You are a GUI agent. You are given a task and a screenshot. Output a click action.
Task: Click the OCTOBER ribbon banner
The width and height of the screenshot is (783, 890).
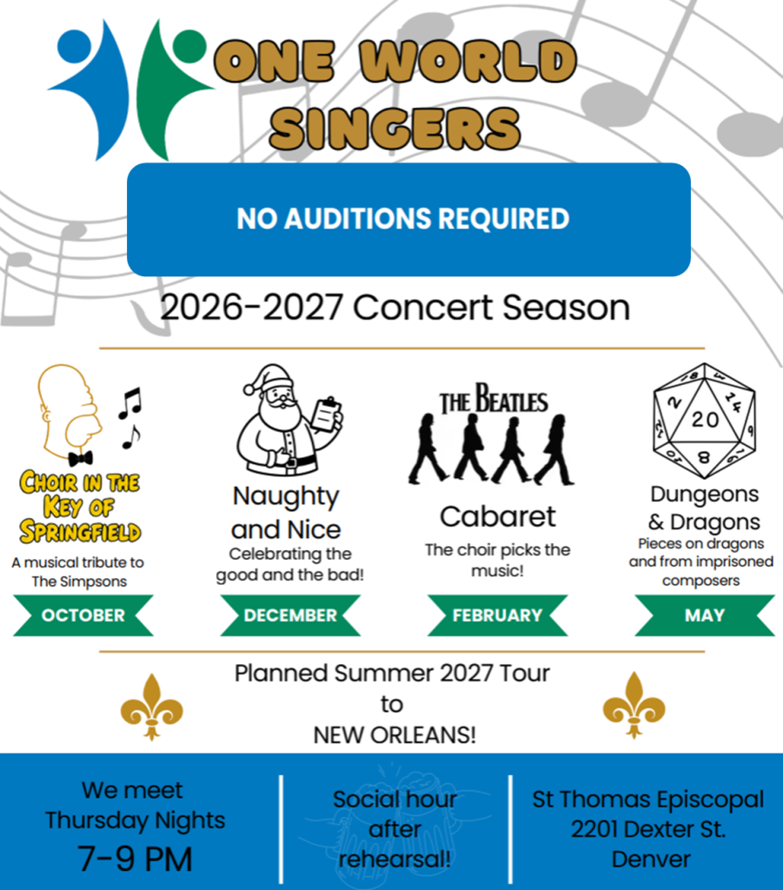83,615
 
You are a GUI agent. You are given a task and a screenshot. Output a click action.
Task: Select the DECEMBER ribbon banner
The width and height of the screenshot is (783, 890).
290,615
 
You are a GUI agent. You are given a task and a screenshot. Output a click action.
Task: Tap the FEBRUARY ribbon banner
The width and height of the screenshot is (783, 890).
498,615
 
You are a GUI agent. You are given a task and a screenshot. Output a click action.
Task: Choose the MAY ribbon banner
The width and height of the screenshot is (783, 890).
705,615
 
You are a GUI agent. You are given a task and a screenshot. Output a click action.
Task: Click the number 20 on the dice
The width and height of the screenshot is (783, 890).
705,420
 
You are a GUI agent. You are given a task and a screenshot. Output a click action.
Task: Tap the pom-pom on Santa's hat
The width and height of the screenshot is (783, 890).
249,389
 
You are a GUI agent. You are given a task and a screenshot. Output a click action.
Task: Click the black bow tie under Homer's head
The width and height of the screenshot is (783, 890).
81,457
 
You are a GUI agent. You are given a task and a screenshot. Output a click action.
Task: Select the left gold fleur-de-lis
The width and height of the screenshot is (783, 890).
151,707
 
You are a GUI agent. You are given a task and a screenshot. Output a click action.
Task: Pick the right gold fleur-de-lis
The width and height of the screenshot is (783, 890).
634,706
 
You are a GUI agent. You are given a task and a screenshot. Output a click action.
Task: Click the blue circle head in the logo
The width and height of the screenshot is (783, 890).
74,46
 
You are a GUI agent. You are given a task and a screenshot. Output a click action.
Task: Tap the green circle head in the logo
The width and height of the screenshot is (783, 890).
189,46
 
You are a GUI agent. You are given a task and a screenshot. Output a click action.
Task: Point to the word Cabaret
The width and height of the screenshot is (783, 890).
498,516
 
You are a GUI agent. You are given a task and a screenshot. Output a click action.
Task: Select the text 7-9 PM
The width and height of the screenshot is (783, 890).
135,858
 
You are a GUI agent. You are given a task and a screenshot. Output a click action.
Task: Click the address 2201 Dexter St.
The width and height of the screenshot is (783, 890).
648,829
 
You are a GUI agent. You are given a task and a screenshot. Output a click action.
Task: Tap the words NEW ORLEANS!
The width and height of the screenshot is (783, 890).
395,735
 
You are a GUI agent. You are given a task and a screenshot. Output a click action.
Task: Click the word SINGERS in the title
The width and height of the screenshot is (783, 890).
395,128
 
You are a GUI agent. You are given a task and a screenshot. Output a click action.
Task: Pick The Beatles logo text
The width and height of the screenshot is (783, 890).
494,399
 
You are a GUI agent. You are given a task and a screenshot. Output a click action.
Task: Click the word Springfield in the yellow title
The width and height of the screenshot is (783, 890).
80,531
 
